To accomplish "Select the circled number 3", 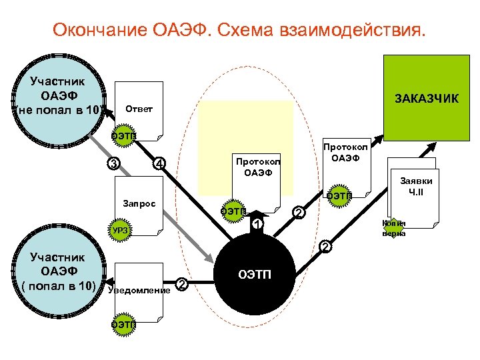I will pos(115,165).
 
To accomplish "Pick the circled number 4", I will pos(159,164).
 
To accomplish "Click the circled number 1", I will pos(257,225).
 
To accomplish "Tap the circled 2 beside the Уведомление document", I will pos(181,286).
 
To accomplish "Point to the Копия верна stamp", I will pos(393,228).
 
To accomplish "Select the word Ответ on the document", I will pos(139,109).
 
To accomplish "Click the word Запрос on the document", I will pos(139,202).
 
